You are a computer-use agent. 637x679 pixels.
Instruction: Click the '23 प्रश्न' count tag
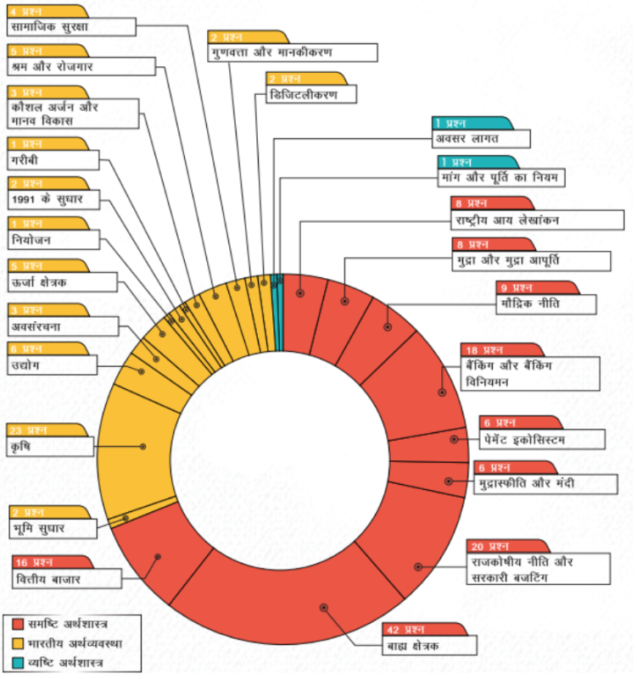pos(34,430)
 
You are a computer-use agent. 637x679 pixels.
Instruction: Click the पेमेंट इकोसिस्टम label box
pos(545,439)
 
